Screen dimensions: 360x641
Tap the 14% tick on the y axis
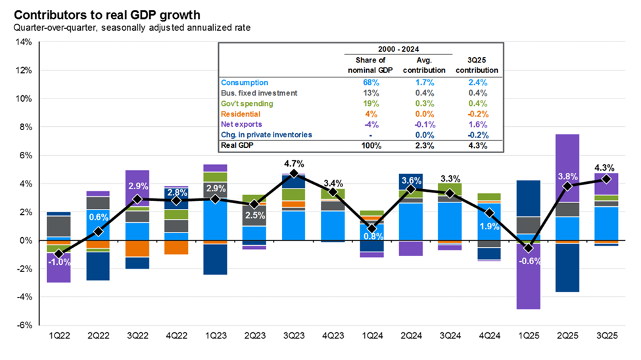[23, 42]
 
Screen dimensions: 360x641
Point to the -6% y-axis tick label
[23, 325]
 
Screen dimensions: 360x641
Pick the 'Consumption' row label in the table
[245, 83]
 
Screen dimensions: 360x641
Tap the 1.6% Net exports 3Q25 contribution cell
[477, 125]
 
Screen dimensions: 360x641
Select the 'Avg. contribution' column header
[424, 65]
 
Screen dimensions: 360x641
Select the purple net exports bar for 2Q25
[567, 168]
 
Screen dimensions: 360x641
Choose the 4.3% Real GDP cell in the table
[477, 146]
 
